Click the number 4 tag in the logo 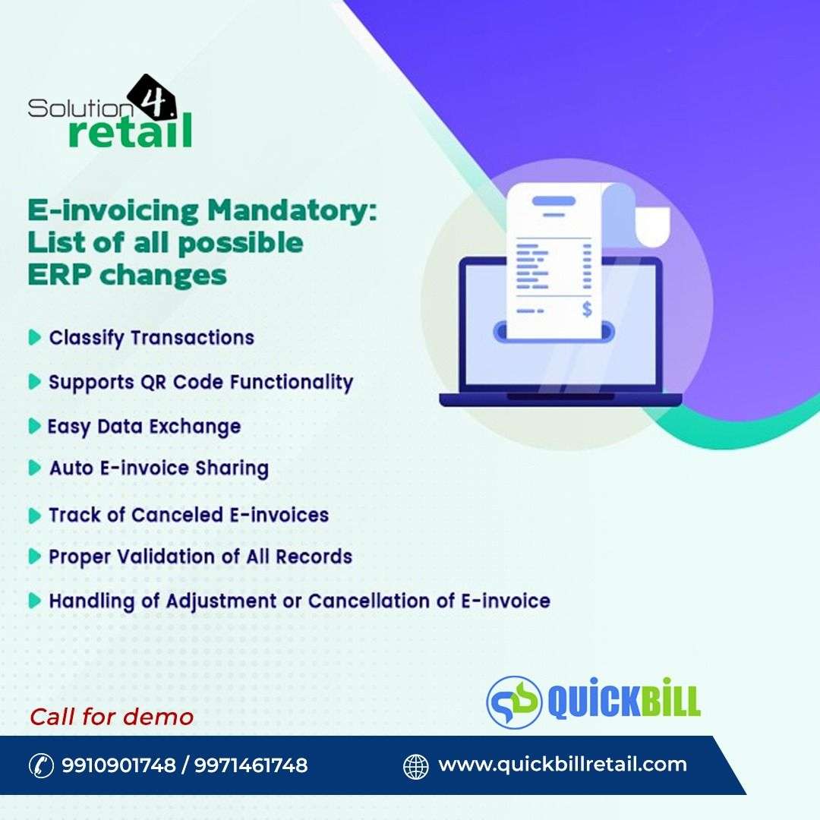[x=153, y=98]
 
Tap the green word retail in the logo [x=131, y=131]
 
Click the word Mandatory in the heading [x=292, y=211]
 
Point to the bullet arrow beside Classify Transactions [x=34, y=337]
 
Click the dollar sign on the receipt [x=587, y=310]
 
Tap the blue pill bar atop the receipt [x=553, y=200]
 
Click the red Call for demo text [x=112, y=717]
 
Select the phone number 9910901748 [x=118, y=765]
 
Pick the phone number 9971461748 [x=251, y=765]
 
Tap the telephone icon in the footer [x=41, y=766]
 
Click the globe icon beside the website [x=416, y=766]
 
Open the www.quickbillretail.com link [x=563, y=765]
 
